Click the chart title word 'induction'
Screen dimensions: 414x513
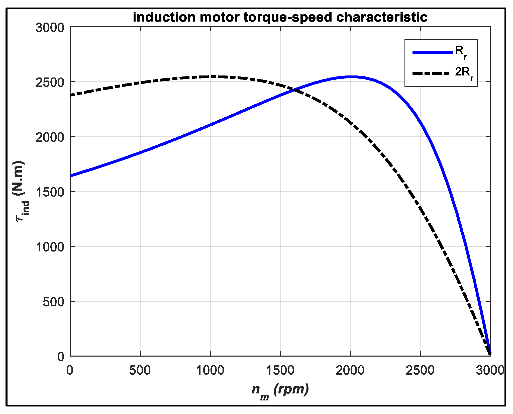tap(164, 17)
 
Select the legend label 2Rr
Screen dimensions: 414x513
tap(464, 73)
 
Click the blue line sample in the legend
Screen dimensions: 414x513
tap(432, 52)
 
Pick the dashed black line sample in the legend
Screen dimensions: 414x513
tap(432, 73)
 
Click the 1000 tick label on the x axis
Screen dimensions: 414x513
tap(210, 370)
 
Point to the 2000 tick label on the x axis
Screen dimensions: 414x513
tap(350, 370)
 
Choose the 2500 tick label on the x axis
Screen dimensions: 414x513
tap(420, 370)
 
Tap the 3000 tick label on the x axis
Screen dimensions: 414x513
tap(490, 370)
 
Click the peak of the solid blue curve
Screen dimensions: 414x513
tap(351, 77)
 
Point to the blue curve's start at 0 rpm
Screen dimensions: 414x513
tap(71, 176)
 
